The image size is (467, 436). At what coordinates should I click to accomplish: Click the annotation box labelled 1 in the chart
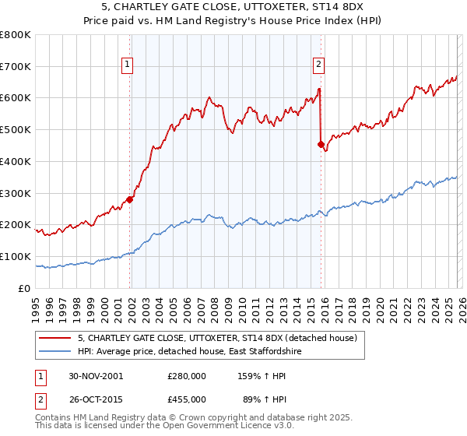(x=127, y=66)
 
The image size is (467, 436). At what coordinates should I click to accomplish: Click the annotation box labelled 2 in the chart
(x=319, y=66)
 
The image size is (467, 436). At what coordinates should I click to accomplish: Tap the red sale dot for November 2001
(x=130, y=199)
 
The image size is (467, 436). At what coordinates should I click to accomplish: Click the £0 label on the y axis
(x=25, y=288)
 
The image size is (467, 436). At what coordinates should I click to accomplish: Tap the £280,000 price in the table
(x=186, y=375)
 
